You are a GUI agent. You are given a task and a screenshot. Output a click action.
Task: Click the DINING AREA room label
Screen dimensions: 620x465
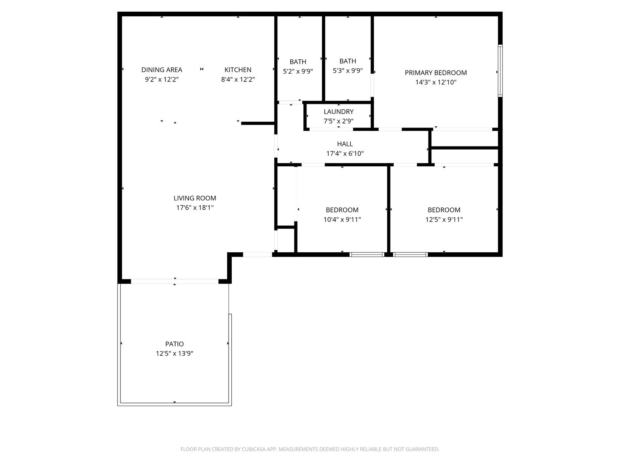162,70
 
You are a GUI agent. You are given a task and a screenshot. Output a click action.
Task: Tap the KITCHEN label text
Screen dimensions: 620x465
238,70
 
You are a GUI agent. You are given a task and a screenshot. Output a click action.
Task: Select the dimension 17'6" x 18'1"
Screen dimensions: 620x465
195,208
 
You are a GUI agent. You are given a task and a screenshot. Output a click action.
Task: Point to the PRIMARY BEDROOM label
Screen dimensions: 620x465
436,73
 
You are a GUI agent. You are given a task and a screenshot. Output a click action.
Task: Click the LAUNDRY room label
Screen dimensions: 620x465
338,112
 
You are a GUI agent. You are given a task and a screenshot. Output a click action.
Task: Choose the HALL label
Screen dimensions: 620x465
344,144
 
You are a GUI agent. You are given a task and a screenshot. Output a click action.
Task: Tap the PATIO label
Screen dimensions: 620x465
174,344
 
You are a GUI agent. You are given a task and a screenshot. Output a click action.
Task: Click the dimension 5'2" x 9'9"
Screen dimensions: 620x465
298,71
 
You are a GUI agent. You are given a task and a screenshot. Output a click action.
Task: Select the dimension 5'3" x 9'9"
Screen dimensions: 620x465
348,71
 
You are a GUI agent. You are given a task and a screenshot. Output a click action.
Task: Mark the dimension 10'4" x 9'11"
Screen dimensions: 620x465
342,219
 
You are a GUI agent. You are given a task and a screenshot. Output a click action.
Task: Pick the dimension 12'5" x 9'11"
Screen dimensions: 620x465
444,219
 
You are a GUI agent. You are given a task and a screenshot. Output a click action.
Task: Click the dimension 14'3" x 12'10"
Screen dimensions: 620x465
436,82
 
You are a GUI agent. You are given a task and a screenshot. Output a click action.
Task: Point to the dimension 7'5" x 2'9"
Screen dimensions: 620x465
338,121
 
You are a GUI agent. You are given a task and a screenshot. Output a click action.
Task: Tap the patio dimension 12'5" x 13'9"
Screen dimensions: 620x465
174,353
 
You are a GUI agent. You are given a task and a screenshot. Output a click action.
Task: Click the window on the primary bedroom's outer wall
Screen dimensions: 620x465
500,71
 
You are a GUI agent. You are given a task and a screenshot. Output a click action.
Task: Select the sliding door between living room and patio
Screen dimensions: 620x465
174,281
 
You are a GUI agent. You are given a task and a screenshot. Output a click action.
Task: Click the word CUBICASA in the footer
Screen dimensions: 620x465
254,449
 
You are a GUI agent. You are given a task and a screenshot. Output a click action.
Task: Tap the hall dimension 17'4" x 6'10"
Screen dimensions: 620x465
344,153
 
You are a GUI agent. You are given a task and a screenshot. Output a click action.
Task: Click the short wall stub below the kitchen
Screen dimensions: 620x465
258,123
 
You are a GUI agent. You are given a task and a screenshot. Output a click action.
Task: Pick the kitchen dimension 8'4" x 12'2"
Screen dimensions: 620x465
238,79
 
